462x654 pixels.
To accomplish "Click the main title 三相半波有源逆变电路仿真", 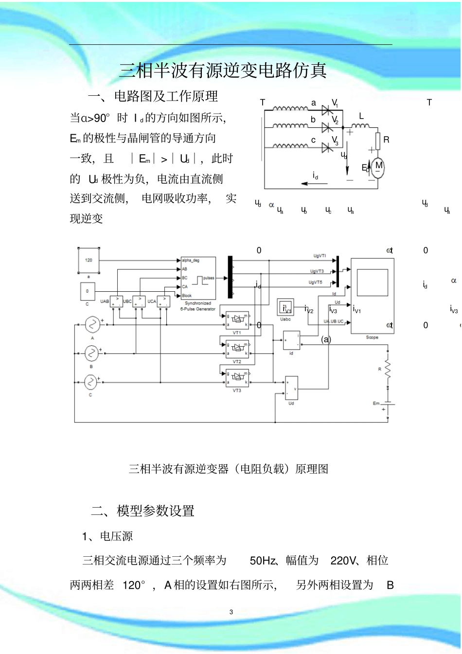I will coord(223,71).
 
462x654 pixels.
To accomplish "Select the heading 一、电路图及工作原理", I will coord(153,96).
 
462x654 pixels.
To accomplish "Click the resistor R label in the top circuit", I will coord(386,140).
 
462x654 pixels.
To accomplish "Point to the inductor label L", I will coord(361,117).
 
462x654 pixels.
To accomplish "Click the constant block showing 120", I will coord(89,261).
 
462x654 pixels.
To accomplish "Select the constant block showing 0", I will coord(88,292).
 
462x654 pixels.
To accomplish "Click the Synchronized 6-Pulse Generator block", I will coord(198,278).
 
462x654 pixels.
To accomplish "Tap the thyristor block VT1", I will coord(237,320).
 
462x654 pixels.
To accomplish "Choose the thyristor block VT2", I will coord(237,348).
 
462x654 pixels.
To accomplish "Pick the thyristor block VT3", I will coord(237,378).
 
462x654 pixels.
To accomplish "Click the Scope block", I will coord(372,296).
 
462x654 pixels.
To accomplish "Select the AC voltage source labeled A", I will coord(92,324).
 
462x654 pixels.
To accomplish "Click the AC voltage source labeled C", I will coord(91,382).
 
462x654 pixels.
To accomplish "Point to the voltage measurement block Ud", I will coord(291,388).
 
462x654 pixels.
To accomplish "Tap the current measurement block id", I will coord(291,340).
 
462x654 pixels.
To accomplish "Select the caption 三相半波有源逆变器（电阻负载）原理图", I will coord(228,469).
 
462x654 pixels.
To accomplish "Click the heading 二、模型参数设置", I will coord(143,511).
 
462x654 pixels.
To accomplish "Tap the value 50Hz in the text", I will coord(263,561).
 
